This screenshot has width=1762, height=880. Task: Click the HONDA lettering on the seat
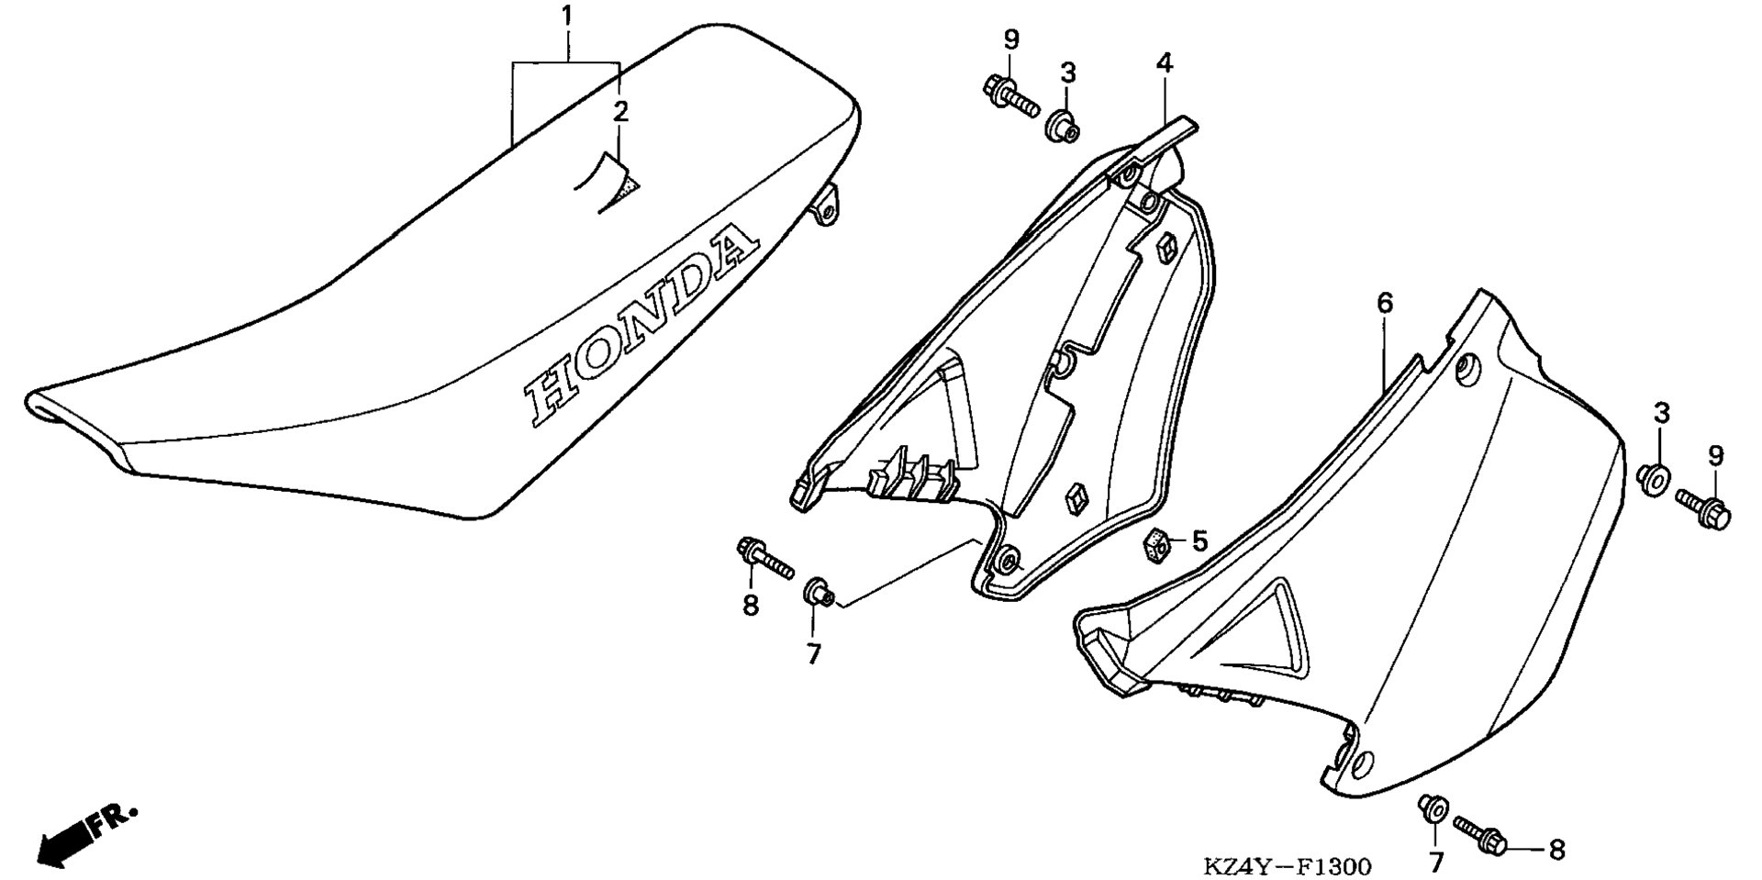click(x=641, y=327)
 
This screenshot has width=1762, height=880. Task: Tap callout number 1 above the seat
click(x=567, y=16)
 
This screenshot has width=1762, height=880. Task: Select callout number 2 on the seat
click(x=620, y=112)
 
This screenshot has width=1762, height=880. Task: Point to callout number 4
click(x=1164, y=63)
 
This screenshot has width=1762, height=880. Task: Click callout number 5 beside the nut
click(x=1199, y=541)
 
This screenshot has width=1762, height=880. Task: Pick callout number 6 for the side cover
click(x=1385, y=302)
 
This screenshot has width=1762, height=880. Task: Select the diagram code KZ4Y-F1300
click(x=1288, y=866)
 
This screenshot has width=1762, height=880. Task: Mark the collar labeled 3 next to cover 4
click(x=1063, y=126)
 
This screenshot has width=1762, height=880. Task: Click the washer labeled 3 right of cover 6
click(x=1654, y=478)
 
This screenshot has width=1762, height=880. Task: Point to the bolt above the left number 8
click(x=764, y=558)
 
